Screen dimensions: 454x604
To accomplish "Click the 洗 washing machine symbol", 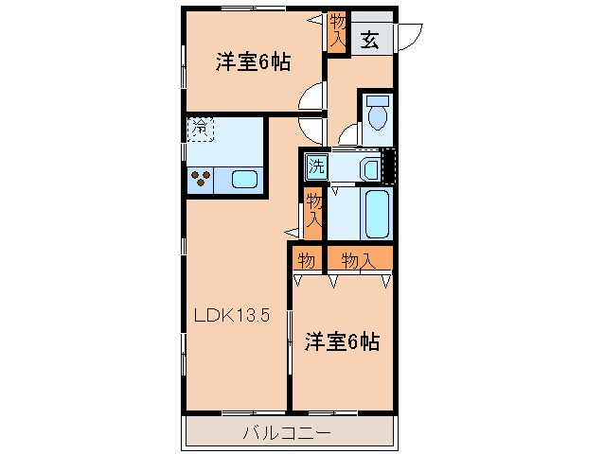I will (x=315, y=166).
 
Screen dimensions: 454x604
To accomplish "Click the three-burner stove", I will (x=201, y=177).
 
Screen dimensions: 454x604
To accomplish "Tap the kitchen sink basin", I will (x=243, y=178).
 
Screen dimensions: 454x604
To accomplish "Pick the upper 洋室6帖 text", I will (x=252, y=63).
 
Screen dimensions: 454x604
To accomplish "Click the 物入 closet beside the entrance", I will (x=337, y=31).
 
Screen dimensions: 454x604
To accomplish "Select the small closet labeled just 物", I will (x=307, y=259).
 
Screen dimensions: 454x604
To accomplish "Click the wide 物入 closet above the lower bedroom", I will (x=358, y=259).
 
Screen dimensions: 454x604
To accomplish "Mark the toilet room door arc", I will (x=347, y=133).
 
